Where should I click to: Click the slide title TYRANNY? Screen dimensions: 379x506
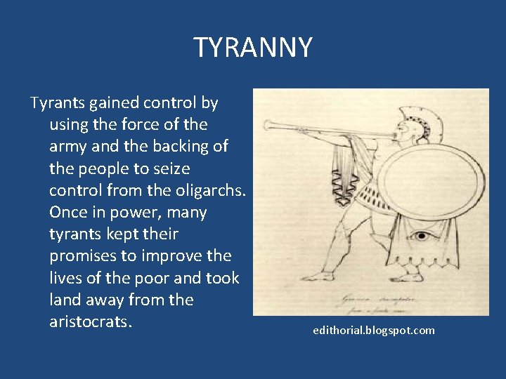(x=253, y=48)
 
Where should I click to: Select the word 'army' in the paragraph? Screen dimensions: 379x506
(x=67, y=147)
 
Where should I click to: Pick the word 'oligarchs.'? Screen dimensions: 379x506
(x=209, y=190)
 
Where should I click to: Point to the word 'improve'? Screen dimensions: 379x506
(x=176, y=256)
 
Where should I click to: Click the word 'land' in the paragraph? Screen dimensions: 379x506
(x=65, y=300)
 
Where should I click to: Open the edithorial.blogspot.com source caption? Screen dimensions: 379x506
(x=374, y=330)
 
